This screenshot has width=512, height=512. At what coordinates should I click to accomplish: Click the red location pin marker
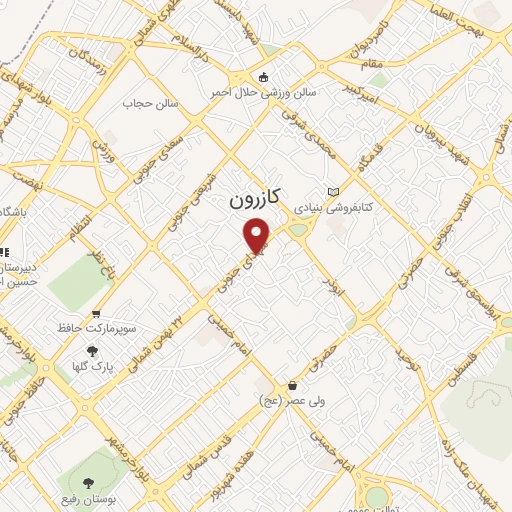tap(258, 234)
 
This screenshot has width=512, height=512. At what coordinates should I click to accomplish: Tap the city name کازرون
tap(254, 199)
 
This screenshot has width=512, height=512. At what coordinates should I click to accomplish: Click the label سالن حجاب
tap(150, 103)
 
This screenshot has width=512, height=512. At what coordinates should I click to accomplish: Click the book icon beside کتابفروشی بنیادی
tap(333, 192)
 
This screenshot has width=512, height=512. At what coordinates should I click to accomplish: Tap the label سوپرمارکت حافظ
tap(96, 329)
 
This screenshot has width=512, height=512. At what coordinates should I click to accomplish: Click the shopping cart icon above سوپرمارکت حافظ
tap(96, 313)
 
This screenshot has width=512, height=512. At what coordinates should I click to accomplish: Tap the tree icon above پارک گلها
tap(93, 351)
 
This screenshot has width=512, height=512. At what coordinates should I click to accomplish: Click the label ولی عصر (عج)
tap(292, 401)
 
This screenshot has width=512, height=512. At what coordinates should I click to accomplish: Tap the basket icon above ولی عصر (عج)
tap(292, 385)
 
